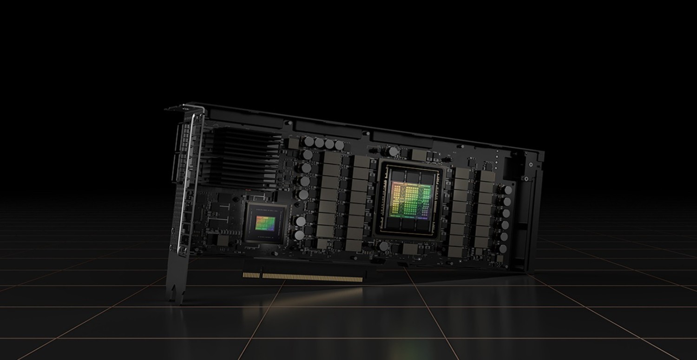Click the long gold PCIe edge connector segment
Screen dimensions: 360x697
tap(312, 277)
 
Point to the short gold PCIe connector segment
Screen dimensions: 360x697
tap(251, 275)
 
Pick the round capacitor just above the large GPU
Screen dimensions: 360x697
tap(393, 151)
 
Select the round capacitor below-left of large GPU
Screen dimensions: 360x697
tap(384, 246)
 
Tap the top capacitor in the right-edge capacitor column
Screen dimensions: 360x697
tap(508, 190)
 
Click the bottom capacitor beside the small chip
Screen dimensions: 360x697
tap(299, 235)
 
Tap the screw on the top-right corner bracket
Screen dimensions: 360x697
tap(530, 164)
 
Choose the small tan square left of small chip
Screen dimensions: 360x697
tap(223, 240)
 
